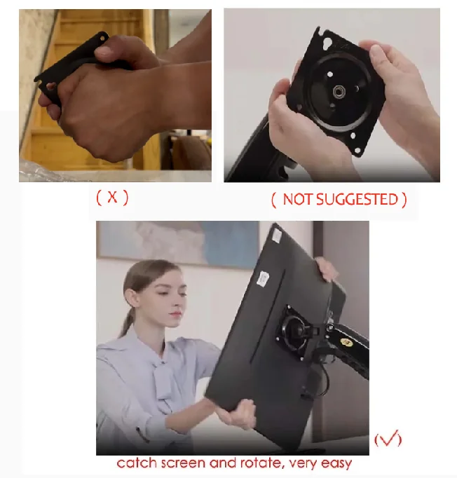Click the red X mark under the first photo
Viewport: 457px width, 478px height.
[x=112, y=197]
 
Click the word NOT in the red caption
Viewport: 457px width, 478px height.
[x=298, y=199]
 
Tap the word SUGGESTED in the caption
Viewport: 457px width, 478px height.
[x=357, y=199]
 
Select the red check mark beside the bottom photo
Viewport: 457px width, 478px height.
[x=388, y=438]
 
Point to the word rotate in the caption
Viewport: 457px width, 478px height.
[x=261, y=463]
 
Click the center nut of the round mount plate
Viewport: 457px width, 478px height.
[x=338, y=91]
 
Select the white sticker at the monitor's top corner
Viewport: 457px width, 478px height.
[x=277, y=235]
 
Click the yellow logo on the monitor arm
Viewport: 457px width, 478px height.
[x=346, y=342]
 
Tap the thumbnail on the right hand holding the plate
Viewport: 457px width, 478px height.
[x=376, y=51]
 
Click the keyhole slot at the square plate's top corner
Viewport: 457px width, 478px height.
[x=328, y=43]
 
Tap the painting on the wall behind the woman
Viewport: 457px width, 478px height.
[x=180, y=243]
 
